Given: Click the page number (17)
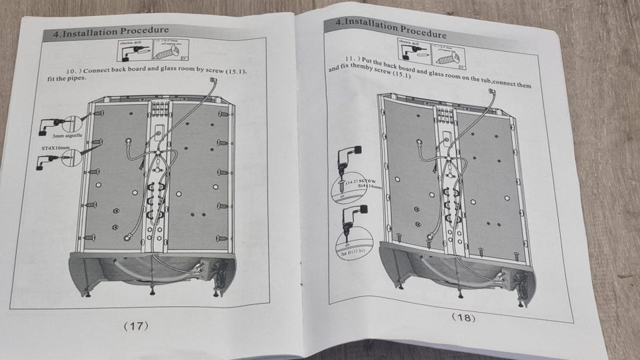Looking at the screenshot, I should (x=135, y=326).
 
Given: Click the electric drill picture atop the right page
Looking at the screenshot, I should (x=409, y=47).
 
